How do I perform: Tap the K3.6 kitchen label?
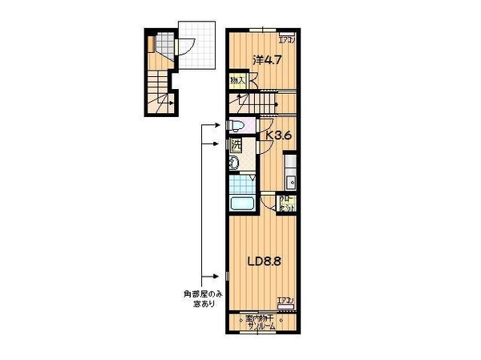(x=277, y=136)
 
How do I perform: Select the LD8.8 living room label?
(x=263, y=261)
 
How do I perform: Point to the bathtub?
(x=241, y=201)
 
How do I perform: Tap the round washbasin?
(x=233, y=164)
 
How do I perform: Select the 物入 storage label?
(x=237, y=80)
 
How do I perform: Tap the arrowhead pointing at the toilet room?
(x=220, y=125)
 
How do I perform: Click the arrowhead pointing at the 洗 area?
(x=220, y=144)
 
